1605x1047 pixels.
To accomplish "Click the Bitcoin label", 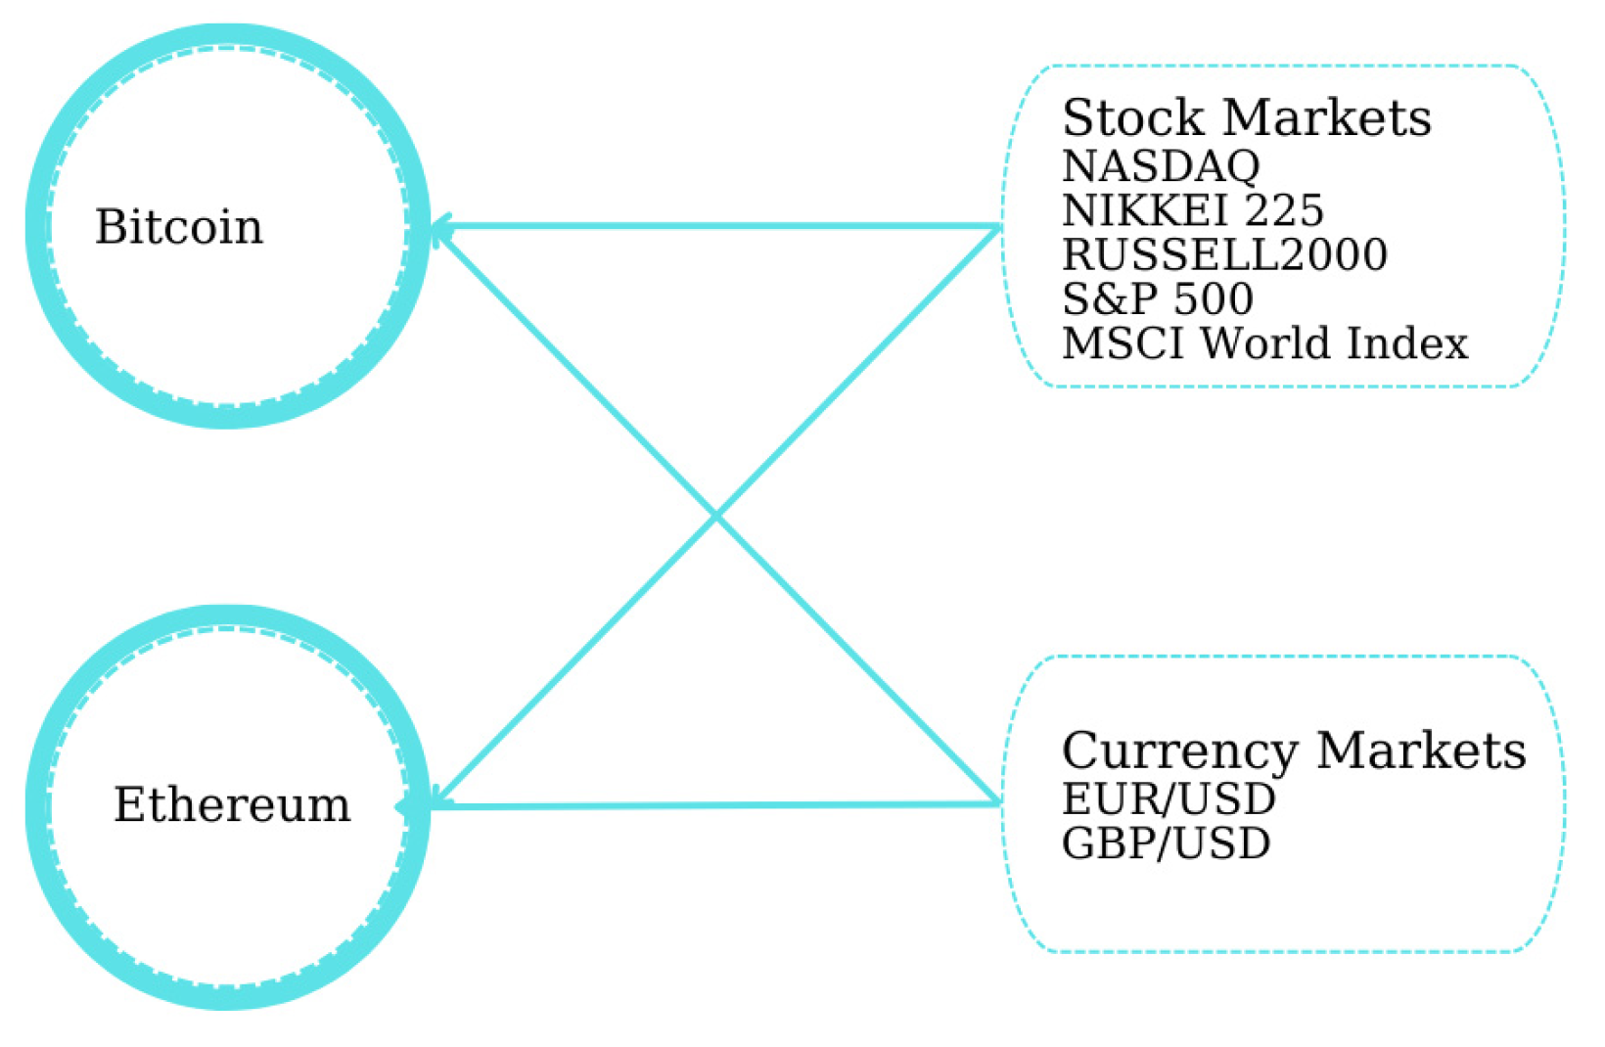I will tap(179, 227).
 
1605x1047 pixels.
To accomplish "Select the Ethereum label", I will tap(232, 805).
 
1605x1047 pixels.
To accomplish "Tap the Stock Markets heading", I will tap(1246, 118).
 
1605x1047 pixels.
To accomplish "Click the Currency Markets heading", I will tap(1293, 751).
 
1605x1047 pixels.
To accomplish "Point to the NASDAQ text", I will tap(1161, 166).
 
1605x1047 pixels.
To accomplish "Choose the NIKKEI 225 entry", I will tap(1192, 210).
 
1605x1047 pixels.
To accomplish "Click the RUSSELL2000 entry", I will tap(1224, 254).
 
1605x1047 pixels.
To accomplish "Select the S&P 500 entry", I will tap(1157, 298).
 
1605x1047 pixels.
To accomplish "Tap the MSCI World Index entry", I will tap(1264, 343).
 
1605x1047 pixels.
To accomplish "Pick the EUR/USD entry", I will tap(1169, 798).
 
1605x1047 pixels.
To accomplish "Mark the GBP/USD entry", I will tap(1166, 843).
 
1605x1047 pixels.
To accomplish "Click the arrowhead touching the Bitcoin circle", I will tap(439, 227).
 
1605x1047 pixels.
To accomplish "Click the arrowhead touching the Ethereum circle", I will tap(437, 804).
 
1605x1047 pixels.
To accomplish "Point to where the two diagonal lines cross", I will tap(716, 516).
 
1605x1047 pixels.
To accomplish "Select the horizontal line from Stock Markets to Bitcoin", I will tap(714, 227).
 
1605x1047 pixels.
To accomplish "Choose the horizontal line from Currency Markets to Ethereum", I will tap(714, 805).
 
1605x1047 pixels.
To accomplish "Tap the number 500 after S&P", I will tap(1214, 298).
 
